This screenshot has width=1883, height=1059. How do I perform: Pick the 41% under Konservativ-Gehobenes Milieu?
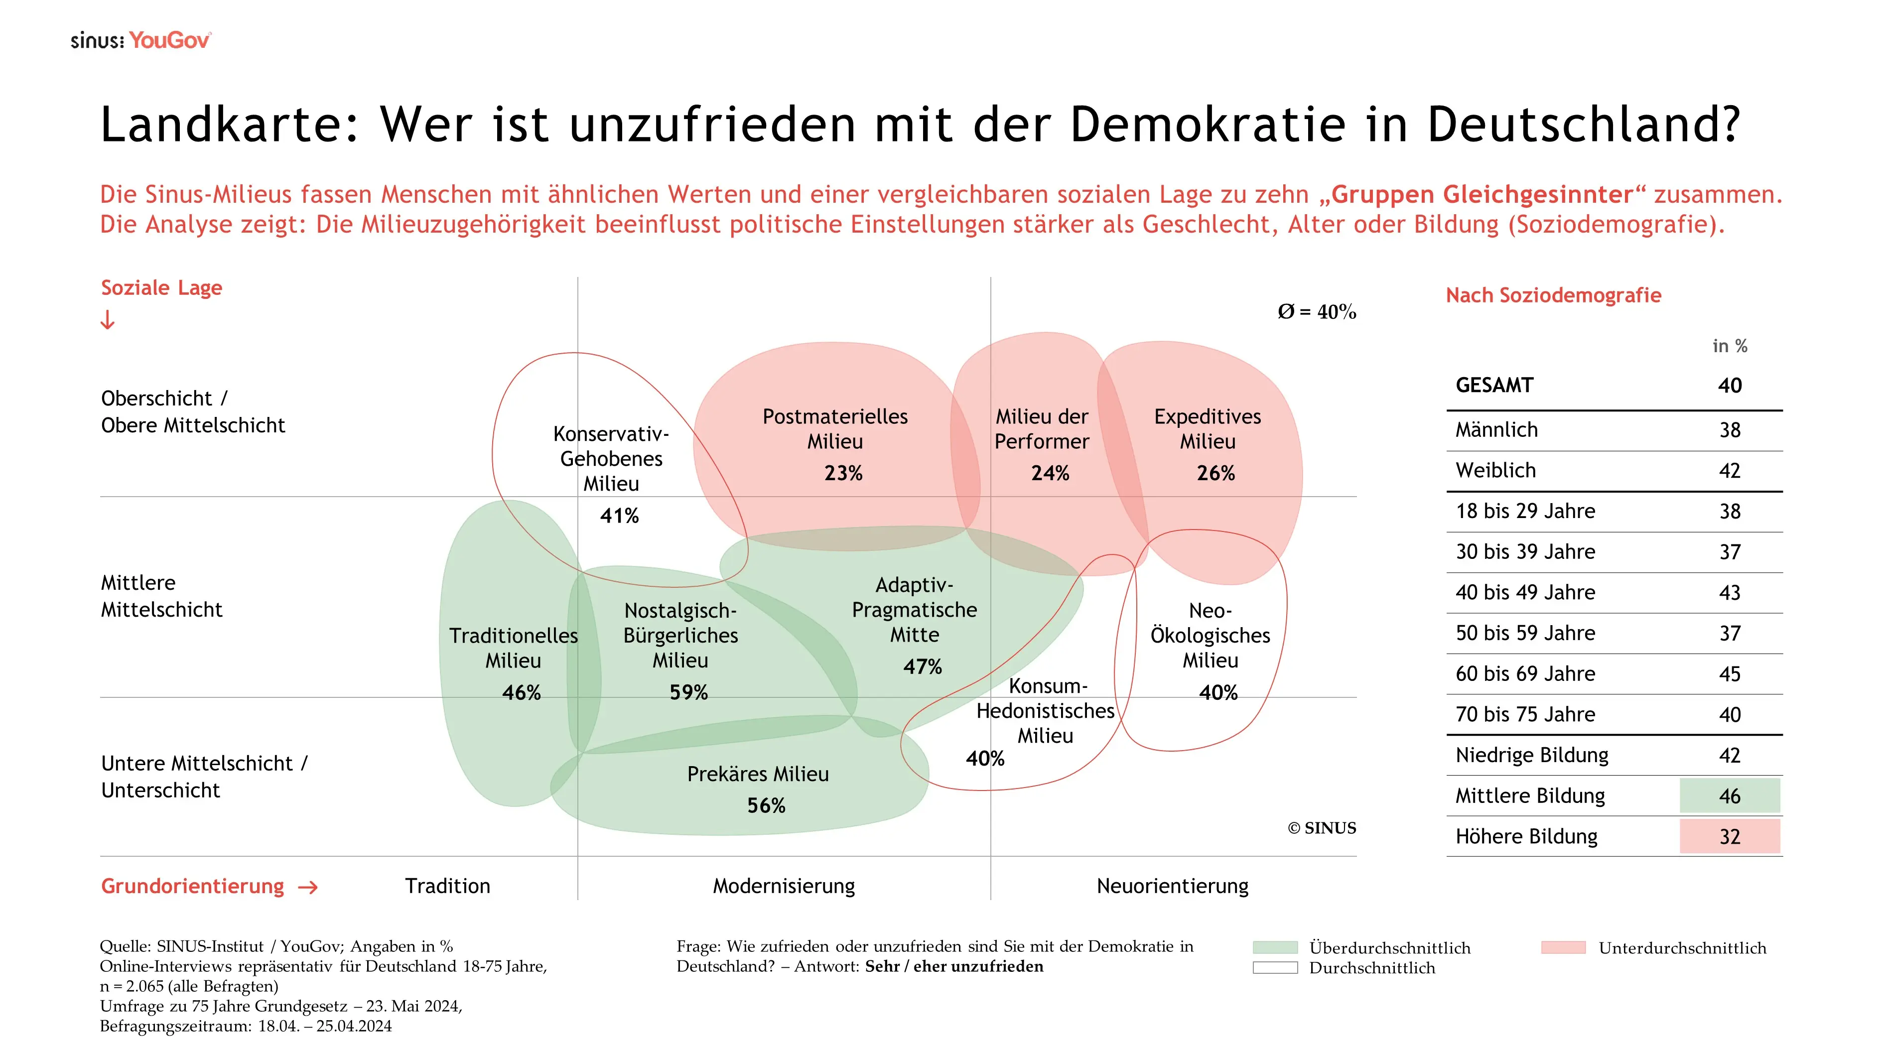coord(619,516)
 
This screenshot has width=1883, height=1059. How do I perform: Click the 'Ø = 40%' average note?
coord(1317,312)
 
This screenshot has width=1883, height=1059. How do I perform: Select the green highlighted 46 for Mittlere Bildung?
coord(1730,796)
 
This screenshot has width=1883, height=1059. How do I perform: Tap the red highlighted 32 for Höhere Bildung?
coord(1730,837)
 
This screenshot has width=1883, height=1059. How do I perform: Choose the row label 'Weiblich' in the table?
coord(1495,471)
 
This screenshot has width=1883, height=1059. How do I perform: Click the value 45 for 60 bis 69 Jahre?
coord(1730,674)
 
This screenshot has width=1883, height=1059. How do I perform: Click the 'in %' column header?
coord(1730,346)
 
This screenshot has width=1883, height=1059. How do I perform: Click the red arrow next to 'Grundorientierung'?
coord(308,887)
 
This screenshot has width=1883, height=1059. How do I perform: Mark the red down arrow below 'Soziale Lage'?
coord(108,320)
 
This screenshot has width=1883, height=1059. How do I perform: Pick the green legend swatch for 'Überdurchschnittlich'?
coord(1275,948)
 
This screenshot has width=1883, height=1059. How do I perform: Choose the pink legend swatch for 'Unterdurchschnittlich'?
coord(1563,948)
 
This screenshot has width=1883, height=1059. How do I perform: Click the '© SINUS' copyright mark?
coord(1322,828)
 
